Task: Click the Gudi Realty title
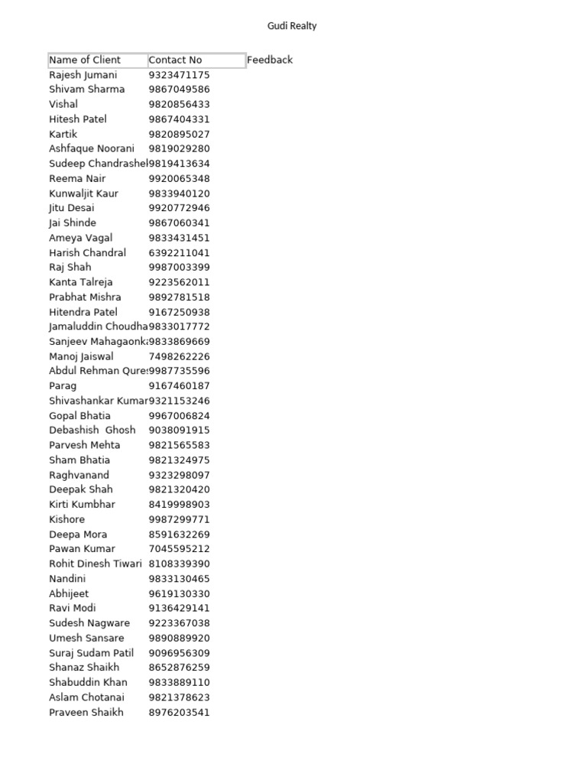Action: click(x=292, y=26)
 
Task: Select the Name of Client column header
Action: click(x=85, y=60)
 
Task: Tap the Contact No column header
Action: click(x=175, y=60)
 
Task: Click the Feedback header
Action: click(x=270, y=60)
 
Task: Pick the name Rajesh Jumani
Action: click(x=83, y=75)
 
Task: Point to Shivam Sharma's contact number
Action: click(x=179, y=89)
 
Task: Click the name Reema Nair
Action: click(x=77, y=178)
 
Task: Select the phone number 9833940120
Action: click(x=179, y=193)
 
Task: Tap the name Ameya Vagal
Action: click(x=80, y=238)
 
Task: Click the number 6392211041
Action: click(x=179, y=252)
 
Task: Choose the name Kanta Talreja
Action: click(x=82, y=282)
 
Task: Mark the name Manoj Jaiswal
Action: click(x=81, y=356)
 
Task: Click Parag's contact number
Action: click(x=179, y=386)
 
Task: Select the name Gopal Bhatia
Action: click(x=79, y=416)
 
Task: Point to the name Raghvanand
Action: click(x=79, y=475)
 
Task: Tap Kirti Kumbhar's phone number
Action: click(x=179, y=505)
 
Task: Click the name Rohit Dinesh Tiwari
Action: click(x=96, y=564)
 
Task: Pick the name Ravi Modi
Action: click(x=73, y=608)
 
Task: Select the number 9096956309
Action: click(x=179, y=653)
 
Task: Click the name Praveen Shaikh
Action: click(x=86, y=712)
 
